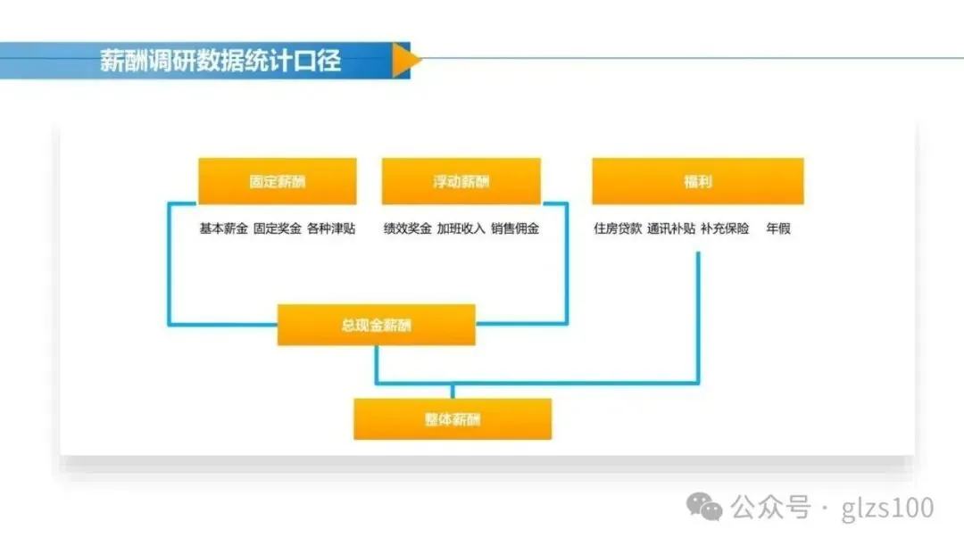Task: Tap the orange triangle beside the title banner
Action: (x=404, y=60)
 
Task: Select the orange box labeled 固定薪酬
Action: (x=277, y=182)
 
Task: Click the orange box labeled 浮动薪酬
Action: (x=461, y=182)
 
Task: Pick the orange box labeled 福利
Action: (x=697, y=182)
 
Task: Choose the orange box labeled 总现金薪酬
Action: (x=376, y=325)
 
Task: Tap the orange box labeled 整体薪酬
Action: (x=453, y=419)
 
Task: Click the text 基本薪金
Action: (x=223, y=228)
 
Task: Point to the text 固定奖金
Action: (x=277, y=228)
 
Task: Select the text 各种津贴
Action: (x=330, y=228)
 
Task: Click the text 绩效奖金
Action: (x=407, y=228)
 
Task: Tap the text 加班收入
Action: (x=461, y=228)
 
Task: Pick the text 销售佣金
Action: (x=515, y=228)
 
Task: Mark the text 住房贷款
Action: (x=618, y=228)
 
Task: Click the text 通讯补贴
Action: (x=671, y=228)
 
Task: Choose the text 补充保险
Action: (x=725, y=228)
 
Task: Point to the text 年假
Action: (x=777, y=228)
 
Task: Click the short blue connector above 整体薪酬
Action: (x=453, y=392)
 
